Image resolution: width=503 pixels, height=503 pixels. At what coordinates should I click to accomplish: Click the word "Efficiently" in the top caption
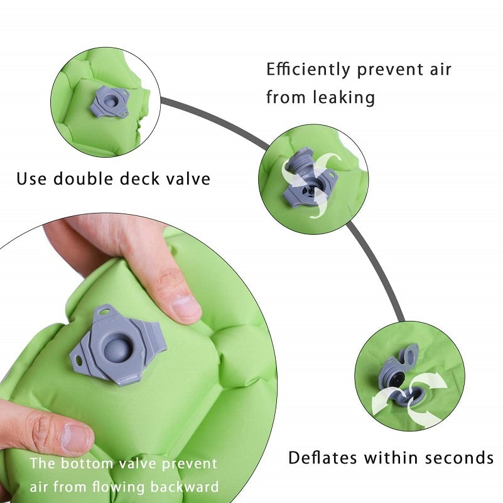pyautogui.click(x=308, y=70)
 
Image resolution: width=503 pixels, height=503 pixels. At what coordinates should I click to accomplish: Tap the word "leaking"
pyautogui.click(x=344, y=97)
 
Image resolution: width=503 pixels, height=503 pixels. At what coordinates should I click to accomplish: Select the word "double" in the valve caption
pyautogui.click(x=83, y=178)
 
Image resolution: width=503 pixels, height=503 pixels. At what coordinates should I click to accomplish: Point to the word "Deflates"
pyautogui.click(x=322, y=457)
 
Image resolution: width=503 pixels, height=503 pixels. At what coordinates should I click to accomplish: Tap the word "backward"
pyautogui.click(x=185, y=487)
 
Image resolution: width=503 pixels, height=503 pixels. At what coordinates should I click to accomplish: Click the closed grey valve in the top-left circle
pyautogui.click(x=110, y=102)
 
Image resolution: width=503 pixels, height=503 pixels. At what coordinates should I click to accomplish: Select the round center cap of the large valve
pyautogui.click(x=117, y=349)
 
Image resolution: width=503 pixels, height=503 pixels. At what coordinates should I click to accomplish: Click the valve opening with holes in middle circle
pyautogui.click(x=308, y=191)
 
